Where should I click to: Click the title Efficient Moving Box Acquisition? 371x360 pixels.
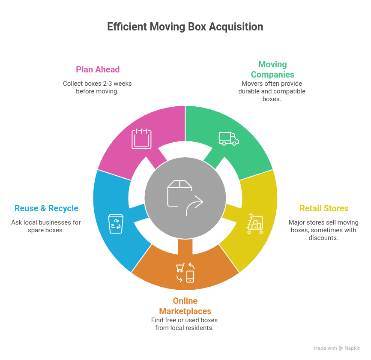point(185,27)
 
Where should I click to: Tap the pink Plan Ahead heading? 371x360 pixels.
point(98,69)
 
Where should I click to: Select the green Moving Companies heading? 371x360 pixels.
point(272,69)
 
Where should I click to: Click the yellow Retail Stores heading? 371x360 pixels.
point(323,209)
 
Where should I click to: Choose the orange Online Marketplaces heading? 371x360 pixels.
point(185,306)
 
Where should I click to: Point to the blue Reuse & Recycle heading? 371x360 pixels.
point(46,209)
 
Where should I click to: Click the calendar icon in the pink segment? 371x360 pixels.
point(141,138)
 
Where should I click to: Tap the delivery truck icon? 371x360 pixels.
point(228,138)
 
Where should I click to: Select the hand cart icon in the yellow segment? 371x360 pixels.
point(255,223)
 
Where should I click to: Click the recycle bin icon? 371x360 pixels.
point(116,224)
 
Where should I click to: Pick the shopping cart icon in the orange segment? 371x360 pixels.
point(180,268)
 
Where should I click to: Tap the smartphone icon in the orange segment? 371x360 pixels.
point(190,276)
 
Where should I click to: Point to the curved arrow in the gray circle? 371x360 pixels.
point(195,206)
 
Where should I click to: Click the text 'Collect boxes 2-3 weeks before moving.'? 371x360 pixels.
point(97,87)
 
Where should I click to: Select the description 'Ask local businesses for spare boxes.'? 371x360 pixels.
point(46,226)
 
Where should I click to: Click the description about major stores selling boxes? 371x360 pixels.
point(323,230)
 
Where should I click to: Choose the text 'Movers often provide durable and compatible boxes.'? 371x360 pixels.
point(272,91)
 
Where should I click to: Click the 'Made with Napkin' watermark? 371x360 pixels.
point(337,348)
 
